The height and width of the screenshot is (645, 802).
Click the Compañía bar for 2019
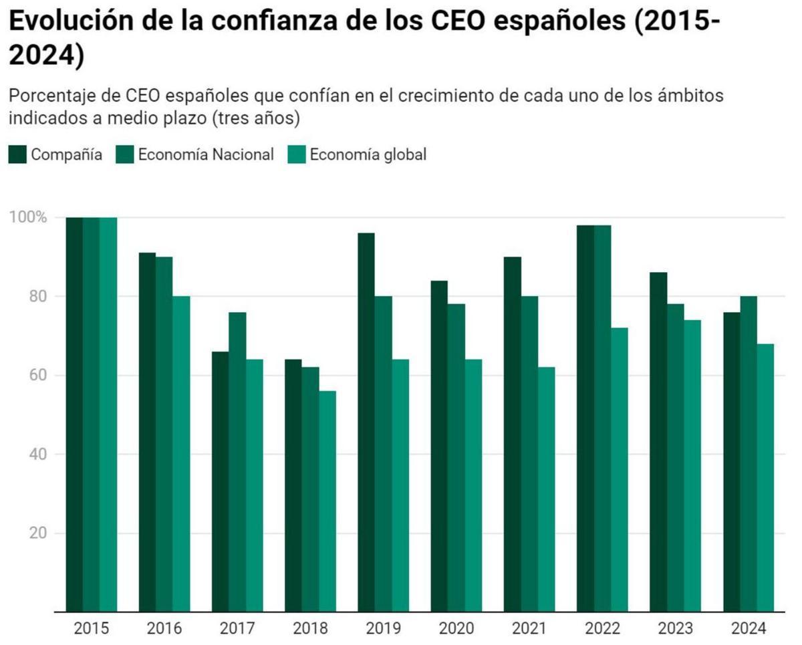click(366, 422)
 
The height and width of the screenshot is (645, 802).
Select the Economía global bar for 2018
click(327, 501)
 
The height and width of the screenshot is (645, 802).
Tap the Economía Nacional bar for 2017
click(237, 462)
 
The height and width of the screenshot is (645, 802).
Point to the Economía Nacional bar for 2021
click(529, 454)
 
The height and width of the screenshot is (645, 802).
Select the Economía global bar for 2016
click(181, 454)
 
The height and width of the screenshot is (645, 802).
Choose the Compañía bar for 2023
click(658, 442)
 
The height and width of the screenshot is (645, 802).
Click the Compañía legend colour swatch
click(17, 154)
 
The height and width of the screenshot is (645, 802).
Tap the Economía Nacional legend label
click(206, 154)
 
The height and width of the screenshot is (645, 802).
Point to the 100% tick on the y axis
click(28, 217)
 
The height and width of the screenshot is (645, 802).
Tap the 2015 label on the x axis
click(92, 629)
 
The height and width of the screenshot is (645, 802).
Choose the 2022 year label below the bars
click(602, 629)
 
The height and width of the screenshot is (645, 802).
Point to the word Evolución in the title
click(78, 22)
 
